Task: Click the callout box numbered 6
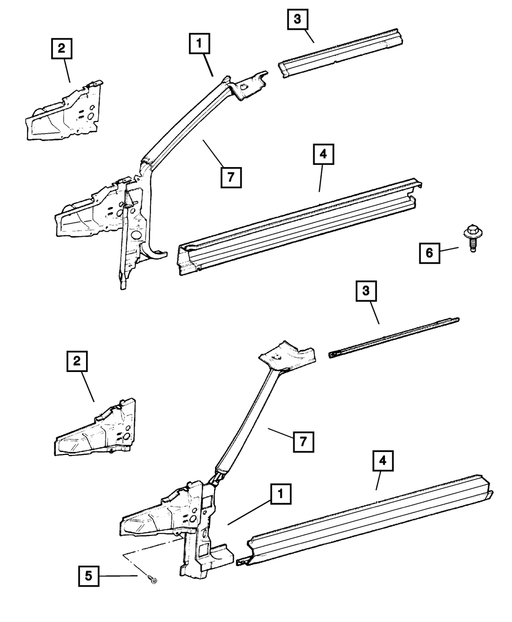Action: pyautogui.click(x=430, y=253)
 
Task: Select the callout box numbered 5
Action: pyautogui.click(x=89, y=576)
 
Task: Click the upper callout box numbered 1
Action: pyautogui.click(x=200, y=44)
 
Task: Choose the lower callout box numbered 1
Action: pyautogui.click(x=280, y=495)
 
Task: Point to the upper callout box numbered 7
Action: pyautogui.click(x=231, y=178)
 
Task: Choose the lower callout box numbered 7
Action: pyautogui.click(x=303, y=441)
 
